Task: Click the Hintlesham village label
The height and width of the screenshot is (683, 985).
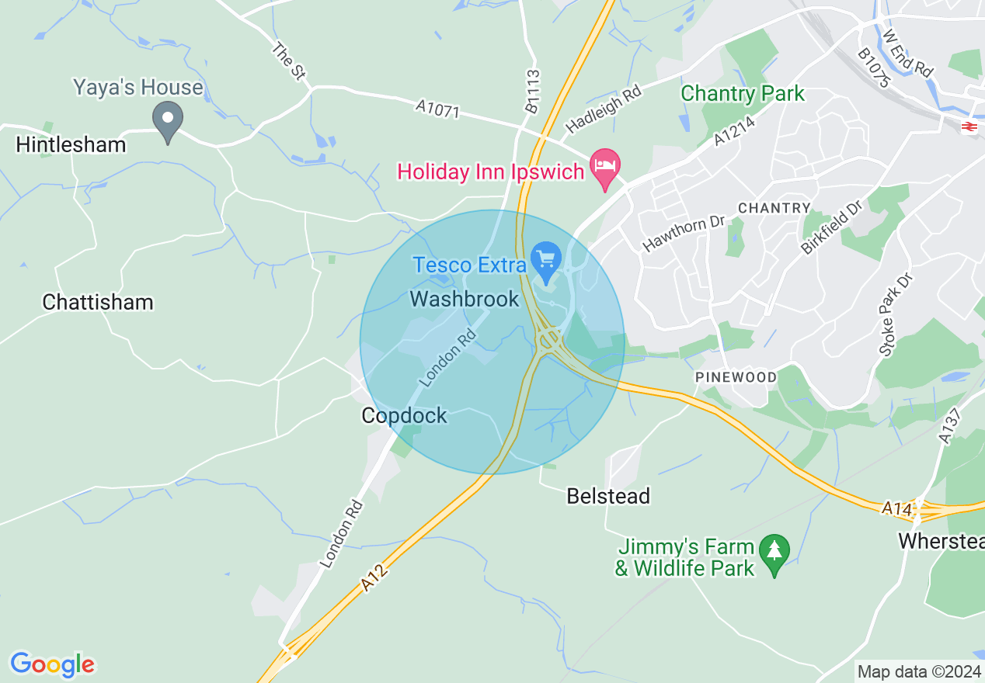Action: coord(71,144)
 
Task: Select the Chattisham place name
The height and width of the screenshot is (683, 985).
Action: coord(98,302)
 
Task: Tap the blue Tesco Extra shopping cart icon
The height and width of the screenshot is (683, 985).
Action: coord(546,261)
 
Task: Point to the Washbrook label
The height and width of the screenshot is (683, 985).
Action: coord(464,299)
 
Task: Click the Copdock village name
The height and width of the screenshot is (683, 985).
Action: coord(404,415)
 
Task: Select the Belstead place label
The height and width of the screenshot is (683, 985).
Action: coord(608,496)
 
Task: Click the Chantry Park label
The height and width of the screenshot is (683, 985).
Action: coord(743,94)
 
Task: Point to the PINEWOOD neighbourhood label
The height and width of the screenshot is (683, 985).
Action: coord(736,377)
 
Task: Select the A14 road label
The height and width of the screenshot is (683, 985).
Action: coord(896,508)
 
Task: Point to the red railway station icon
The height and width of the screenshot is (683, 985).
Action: coord(969,127)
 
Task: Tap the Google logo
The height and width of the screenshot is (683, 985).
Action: coord(52,664)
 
